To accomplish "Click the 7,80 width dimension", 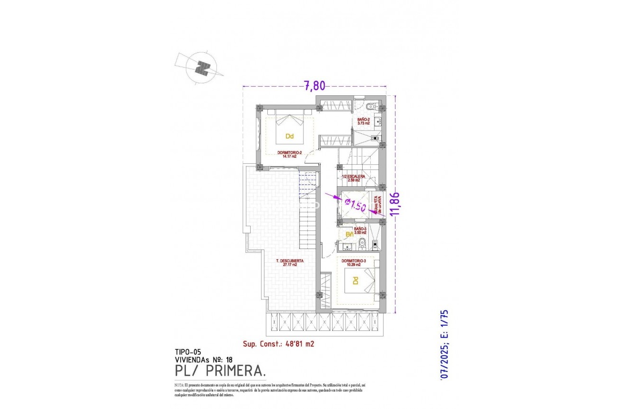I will [314, 86].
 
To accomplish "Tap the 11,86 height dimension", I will [394, 204].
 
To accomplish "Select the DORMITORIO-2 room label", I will [289, 154].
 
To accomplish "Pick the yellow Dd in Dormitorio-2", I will [289, 136].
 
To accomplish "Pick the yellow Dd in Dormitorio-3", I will [355, 281].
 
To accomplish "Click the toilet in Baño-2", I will [371, 107].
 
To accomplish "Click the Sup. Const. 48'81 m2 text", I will [278, 343].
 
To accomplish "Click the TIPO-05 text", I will [188, 352].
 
